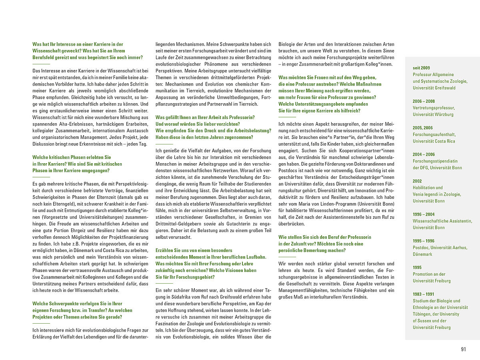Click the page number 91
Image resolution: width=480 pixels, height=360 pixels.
point(463,349)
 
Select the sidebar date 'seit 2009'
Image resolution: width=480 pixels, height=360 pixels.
point(422,68)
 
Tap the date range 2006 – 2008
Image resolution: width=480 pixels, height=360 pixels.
point(424,101)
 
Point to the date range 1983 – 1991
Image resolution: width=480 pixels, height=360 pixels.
point(424,294)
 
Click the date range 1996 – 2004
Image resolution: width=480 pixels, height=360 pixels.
point(424,214)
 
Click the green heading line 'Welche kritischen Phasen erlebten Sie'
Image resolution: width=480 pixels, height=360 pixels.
point(72,157)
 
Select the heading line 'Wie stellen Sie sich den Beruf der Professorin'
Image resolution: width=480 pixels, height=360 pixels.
point(325,237)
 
